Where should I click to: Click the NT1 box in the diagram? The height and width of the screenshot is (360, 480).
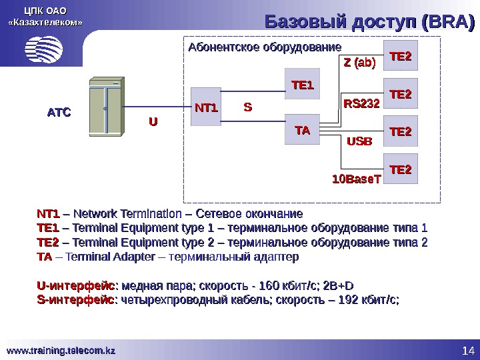pos(207,107)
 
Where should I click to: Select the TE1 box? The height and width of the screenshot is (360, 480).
pos(302,85)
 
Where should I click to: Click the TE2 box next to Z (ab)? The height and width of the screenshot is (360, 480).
pos(401,58)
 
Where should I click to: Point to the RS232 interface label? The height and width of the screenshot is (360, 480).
pos(361,104)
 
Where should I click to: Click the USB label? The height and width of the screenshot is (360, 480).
pos(361,141)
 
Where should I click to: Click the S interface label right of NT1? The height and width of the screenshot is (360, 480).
pos(247,107)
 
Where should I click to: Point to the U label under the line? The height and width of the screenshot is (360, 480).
pos(153,122)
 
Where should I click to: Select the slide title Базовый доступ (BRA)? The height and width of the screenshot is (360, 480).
pos(369,22)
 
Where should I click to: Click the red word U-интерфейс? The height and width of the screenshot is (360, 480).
pos(75,287)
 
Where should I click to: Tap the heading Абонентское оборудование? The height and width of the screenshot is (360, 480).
pos(264,47)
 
